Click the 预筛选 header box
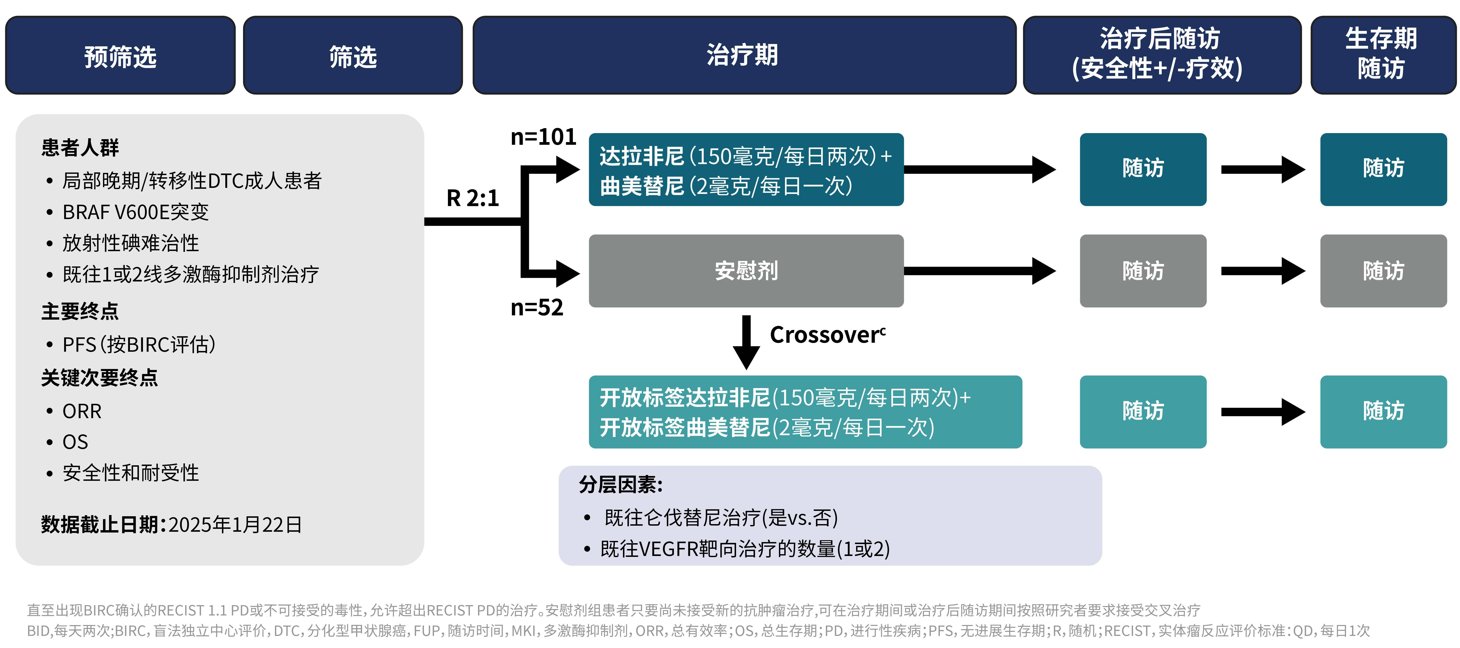pos(120,55)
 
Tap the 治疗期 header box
pos(744,55)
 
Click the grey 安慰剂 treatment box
pos(746,271)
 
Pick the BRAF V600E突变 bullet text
pos(136,212)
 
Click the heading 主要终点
pos(80,311)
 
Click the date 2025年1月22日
pos(235,524)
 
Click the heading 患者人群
pos(80,147)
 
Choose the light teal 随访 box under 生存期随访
pos(1383,412)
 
